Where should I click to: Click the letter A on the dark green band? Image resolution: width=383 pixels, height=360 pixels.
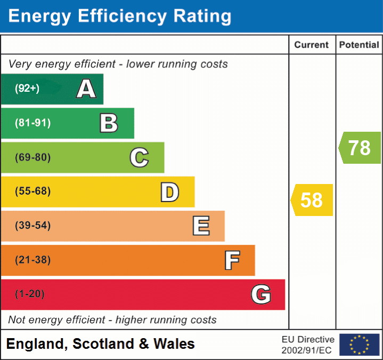click(86, 89)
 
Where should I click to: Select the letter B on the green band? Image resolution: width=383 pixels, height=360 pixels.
click(109, 123)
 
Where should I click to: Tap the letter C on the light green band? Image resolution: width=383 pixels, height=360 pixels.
click(139, 158)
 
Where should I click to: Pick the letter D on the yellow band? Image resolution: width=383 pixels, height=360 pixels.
click(169, 192)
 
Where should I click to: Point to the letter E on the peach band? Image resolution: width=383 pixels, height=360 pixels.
click(200, 226)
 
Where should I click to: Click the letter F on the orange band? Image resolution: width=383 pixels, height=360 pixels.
click(231, 260)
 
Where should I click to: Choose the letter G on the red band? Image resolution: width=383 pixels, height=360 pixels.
click(261, 294)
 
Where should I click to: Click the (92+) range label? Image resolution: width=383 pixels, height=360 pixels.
click(27, 89)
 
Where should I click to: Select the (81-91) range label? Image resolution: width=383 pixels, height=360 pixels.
click(33, 123)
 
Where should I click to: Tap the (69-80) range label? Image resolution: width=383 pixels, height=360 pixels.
click(33, 157)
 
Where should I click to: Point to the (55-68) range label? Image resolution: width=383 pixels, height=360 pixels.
click(33, 191)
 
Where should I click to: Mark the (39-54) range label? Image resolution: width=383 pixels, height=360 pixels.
click(33, 226)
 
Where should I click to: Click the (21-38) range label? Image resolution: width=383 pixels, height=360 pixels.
click(33, 260)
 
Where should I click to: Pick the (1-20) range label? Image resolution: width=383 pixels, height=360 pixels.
click(30, 294)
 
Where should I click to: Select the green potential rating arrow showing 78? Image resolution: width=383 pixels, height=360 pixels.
click(360, 148)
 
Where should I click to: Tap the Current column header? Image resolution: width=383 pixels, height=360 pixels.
click(312, 45)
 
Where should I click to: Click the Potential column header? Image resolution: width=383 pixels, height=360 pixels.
click(359, 45)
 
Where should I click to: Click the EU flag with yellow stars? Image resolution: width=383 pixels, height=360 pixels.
click(359, 345)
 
